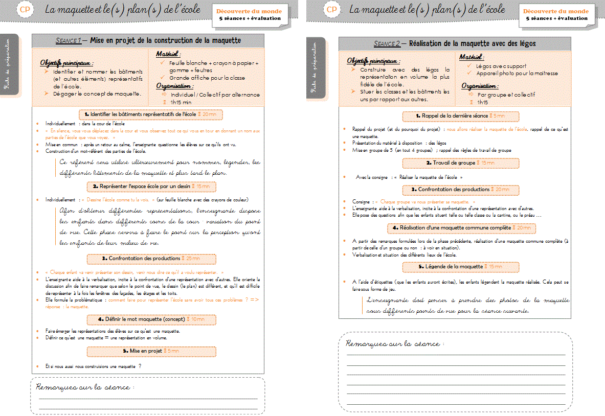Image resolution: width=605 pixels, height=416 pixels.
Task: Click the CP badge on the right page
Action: click(331, 9)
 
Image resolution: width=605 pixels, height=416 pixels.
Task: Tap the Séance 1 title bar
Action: click(148, 40)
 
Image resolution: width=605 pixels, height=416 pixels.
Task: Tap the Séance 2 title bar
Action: click(455, 44)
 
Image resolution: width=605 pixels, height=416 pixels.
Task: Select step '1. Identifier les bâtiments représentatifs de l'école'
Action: click(148, 114)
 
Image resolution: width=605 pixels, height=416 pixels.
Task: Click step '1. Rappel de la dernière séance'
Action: click(460, 117)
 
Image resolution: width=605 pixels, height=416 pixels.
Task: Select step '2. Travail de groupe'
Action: click(460, 163)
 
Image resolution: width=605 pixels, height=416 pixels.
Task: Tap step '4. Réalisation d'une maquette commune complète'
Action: click(460, 227)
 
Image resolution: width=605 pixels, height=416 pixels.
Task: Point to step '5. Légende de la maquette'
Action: click(460, 267)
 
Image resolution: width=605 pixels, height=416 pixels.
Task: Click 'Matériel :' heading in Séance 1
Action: click(168, 54)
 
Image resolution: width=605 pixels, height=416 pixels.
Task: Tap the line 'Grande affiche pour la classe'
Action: click(207, 78)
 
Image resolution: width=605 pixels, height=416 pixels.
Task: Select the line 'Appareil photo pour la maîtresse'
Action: click(517, 73)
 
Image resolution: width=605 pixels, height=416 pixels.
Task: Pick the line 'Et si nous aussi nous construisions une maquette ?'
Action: click(93, 366)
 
